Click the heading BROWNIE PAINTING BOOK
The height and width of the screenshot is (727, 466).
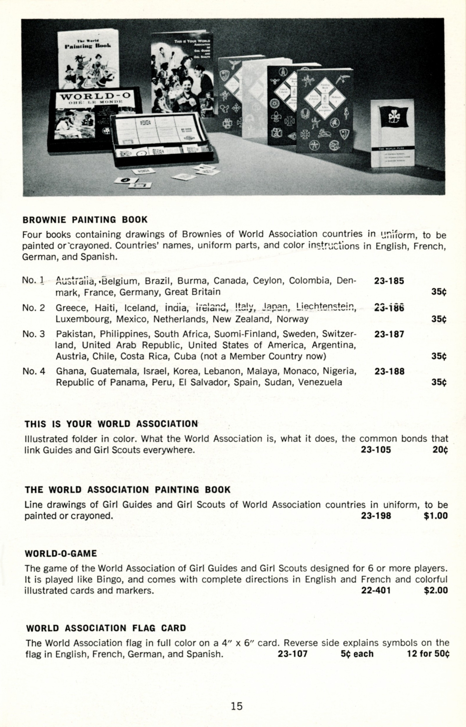coord(85,220)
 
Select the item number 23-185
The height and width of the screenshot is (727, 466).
coord(389,281)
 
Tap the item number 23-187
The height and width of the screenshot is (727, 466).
coord(389,334)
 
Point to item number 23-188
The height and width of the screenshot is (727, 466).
coord(389,371)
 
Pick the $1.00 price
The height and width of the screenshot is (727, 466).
coord(436,516)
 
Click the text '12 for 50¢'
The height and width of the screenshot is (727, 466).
coord(428,654)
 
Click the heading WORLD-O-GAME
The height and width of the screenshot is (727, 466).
coord(61,554)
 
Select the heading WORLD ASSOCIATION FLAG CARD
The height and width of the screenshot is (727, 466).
coord(106,628)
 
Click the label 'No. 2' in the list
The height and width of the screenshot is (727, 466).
coord(34,308)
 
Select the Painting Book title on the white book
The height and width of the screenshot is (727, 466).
coord(88,45)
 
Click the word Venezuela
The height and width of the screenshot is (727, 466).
coord(320,382)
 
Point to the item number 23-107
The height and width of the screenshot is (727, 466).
coord(293,654)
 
